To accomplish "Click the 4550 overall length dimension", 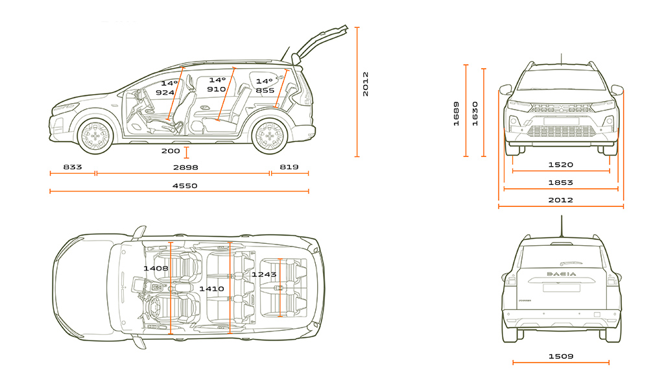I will (x=185, y=186).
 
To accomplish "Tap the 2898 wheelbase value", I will (x=185, y=167).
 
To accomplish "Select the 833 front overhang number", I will (x=73, y=167).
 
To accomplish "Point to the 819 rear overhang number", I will (x=289, y=167).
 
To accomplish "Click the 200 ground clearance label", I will (x=171, y=151).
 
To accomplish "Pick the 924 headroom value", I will (x=165, y=93).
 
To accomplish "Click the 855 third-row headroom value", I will (x=265, y=91).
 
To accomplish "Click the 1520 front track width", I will (x=560, y=165).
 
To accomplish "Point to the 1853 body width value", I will (x=560, y=183).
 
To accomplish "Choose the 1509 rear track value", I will (x=560, y=356).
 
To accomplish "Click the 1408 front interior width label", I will (x=156, y=268).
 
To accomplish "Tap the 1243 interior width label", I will (x=264, y=274).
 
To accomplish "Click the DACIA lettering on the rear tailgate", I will (x=561, y=274).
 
